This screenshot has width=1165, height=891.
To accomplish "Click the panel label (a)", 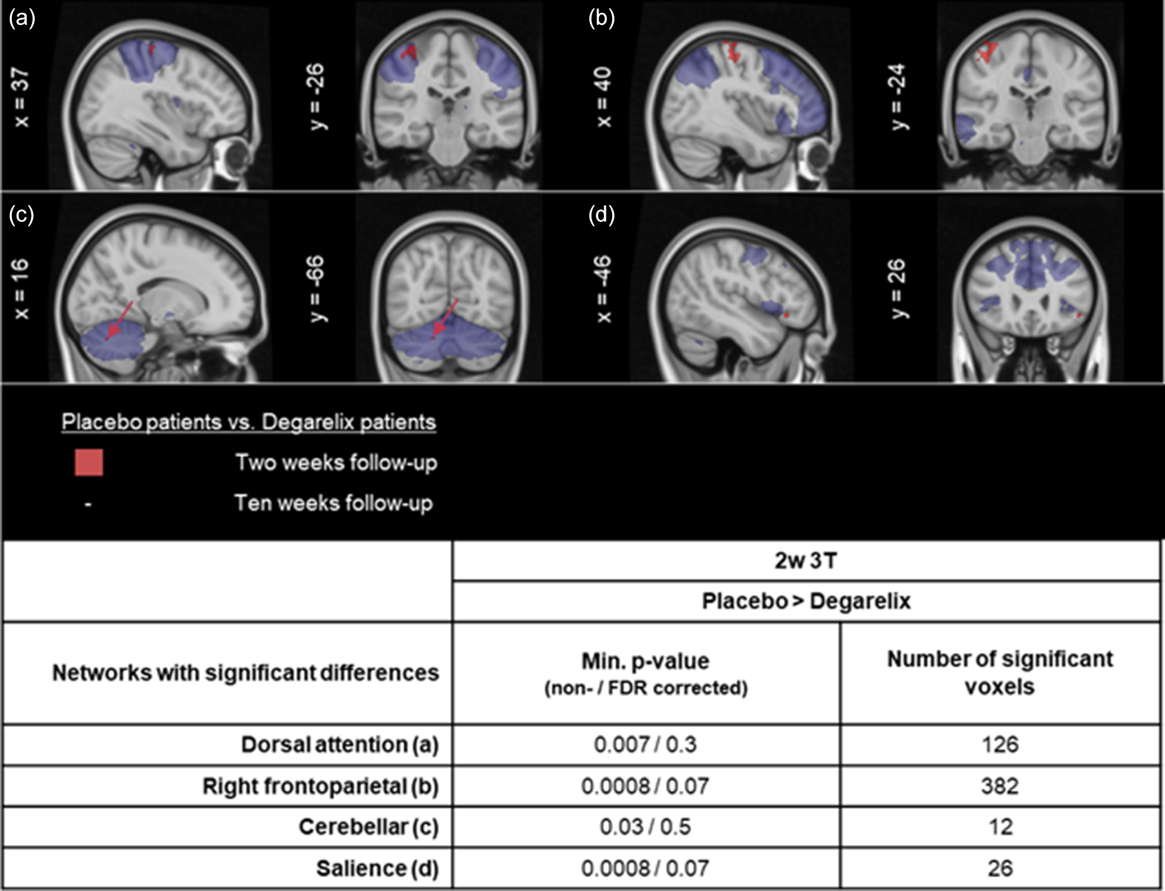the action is coord(22,18).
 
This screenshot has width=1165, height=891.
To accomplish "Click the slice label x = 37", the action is coord(21,97).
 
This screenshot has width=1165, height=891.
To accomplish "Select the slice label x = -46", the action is coord(604,289).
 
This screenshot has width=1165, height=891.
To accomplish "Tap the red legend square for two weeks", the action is coord(89,463).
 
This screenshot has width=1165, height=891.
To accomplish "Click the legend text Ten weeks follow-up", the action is coord(334,503).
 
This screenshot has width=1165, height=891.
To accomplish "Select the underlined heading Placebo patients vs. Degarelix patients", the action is coord(249,422).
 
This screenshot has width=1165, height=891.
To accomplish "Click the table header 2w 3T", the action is coord(806,561).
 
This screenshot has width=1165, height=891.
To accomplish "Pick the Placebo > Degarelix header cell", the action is coord(806,601).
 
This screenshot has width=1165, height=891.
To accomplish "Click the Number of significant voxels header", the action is coord(1000,673).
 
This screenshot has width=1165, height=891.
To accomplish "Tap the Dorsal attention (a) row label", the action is coord(340,745).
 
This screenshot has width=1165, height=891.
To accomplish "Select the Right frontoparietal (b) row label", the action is coord(321,787).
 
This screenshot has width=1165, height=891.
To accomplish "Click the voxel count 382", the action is coord(1000,787).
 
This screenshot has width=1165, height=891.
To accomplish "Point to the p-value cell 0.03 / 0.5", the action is coord(645,827).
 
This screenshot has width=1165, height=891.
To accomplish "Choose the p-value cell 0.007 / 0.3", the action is coord(645,745).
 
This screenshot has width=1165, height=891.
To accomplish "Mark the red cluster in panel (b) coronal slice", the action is coord(986,52).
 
